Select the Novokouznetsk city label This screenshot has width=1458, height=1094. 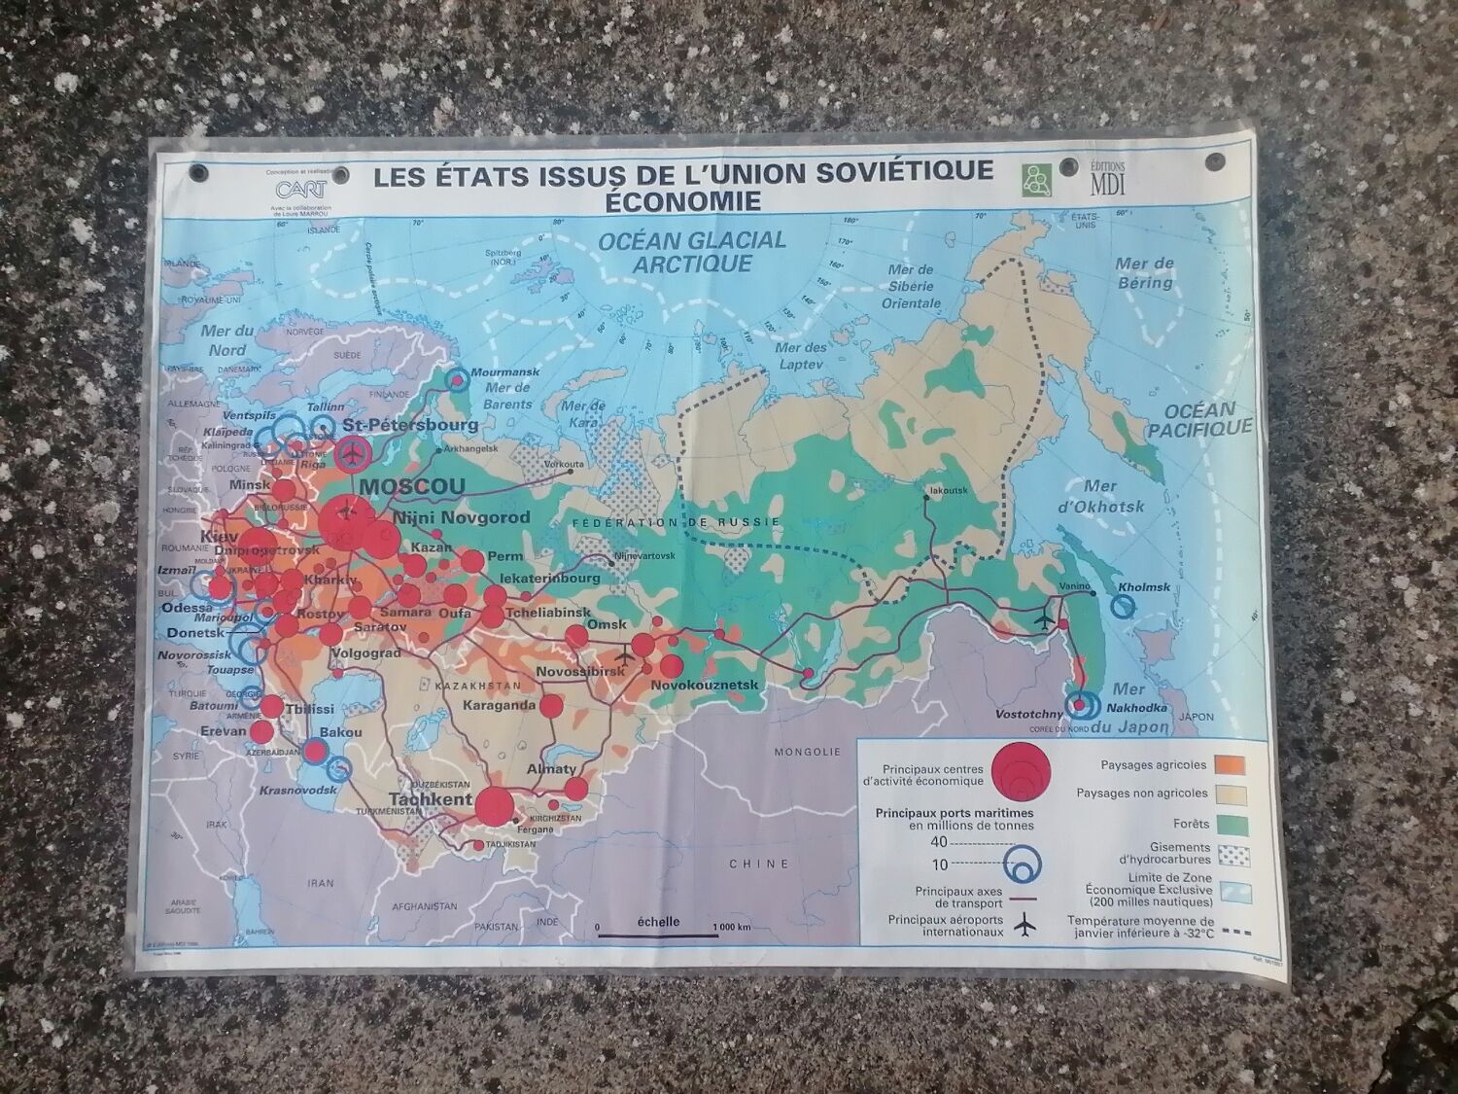704,686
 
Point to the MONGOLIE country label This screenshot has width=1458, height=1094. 807,752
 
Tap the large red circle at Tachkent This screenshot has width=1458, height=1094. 494,804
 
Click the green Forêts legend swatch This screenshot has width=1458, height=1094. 1232,824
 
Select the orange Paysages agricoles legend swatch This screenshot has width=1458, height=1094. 1232,764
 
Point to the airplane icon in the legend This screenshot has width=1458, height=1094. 1023,926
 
